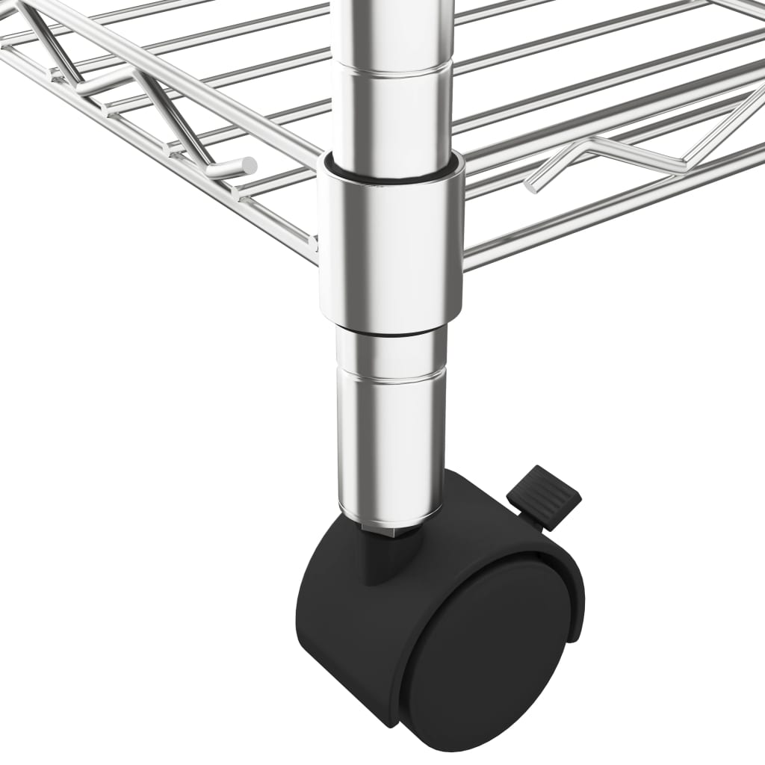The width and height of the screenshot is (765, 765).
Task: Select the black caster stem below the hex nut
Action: point(381,560)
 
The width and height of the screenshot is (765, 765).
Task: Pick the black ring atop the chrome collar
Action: point(391,171)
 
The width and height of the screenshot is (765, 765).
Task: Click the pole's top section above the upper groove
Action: point(391,30)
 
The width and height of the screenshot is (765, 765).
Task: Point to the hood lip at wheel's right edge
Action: point(576,598)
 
